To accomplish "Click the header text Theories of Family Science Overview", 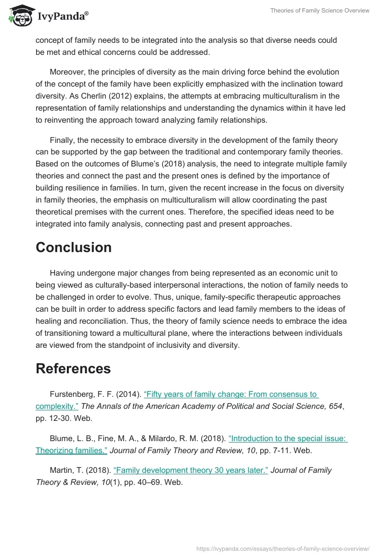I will pyautogui.click(x=321, y=11).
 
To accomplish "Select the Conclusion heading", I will pyautogui.click(x=74, y=247).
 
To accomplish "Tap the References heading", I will pyautogui.click(x=73, y=368).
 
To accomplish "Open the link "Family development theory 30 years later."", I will pyautogui.click(x=191, y=470).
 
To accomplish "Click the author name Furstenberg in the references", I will pyautogui.click(x=73, y=394).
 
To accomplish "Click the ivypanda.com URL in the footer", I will pyautogui.click(x=283, y=548).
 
